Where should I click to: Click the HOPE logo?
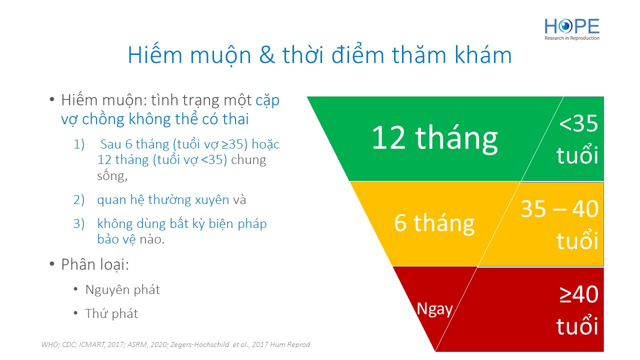(x=572, y=29)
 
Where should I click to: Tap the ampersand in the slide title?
(x=266, y=55)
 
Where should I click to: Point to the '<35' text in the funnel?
(x=578, y=123)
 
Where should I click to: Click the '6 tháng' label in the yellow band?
(x=434, y=223)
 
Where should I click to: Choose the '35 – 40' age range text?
(x=559, y=209)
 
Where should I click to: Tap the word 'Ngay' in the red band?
(x=434, y=309)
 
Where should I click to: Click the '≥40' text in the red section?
(x=579, y=294)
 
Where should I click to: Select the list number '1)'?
(x=79, y=144)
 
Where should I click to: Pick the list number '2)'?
(x=79, y=199)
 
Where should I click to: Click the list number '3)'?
(x=79, y=223)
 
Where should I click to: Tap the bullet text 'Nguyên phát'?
(x=122, y=290)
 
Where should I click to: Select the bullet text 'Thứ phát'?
(x=111, y=313)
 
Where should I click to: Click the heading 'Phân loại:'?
(x=95, y=264)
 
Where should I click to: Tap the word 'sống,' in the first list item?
(x=112, y=175)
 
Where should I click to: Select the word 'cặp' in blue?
(x=267, y=101)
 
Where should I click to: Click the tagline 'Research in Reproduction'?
(x=572, y=38)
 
